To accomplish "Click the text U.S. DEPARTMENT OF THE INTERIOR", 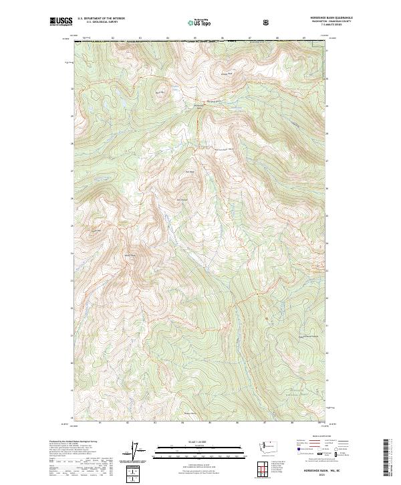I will tap(101, 19).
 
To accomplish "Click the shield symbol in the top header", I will tap(267, 22).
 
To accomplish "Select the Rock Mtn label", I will tap(160, 92).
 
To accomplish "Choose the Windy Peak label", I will tap(129, 254).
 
